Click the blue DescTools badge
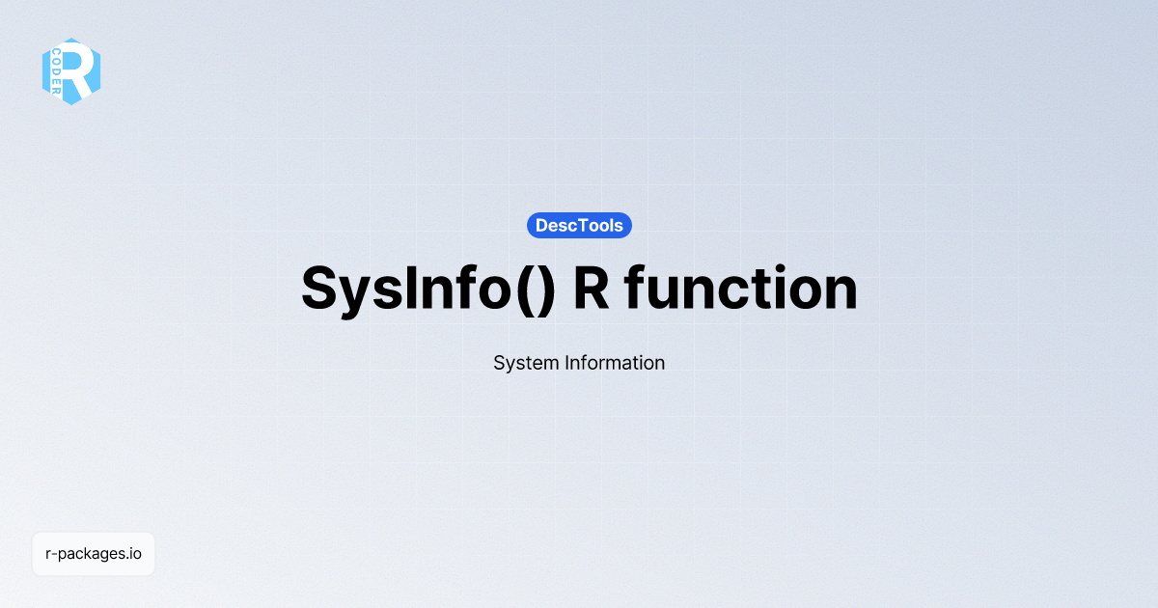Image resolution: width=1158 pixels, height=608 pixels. [x=579, y=225]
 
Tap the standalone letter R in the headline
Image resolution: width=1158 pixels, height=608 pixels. [x=591, y=289]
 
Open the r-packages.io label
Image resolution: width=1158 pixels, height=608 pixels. [x=94, y=554]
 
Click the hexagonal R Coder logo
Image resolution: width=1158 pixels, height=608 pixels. [x=71, y=71]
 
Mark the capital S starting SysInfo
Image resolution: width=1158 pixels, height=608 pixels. [x=319, y=289]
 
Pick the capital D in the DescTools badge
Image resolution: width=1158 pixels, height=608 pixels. [x=542, y=225]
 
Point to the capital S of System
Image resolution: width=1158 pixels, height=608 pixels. [x=499, y=364]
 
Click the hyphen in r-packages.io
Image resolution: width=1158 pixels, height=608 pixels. [x=53, y=555]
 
